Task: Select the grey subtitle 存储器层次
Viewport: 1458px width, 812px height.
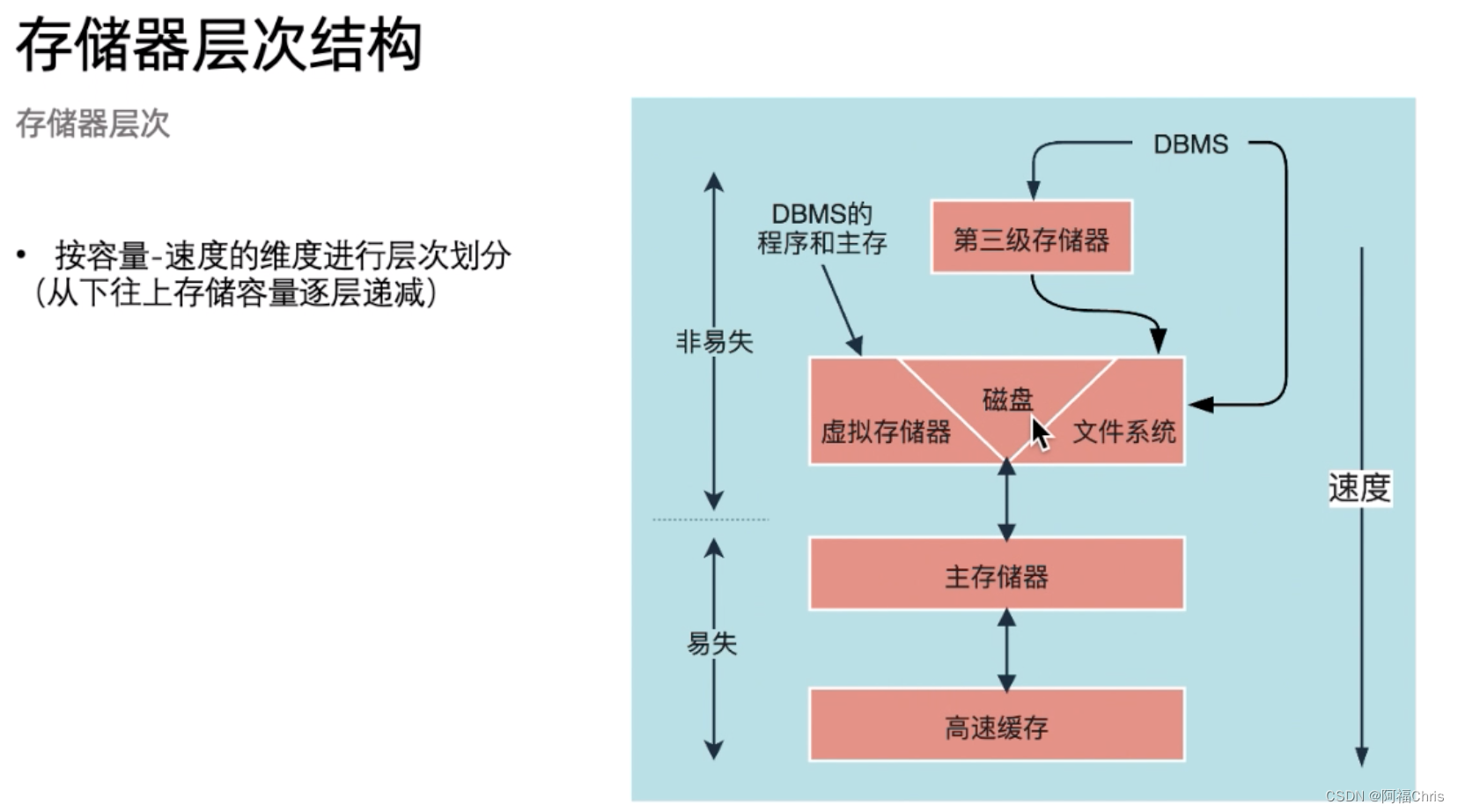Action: tap(92, 124)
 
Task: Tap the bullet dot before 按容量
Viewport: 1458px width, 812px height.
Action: tap(21, 255)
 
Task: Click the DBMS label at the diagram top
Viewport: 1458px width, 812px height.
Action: tap(1190, 144)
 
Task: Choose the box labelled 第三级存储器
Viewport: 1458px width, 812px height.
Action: tap(1031, 238)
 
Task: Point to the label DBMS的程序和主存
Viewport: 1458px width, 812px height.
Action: tap(821, 228)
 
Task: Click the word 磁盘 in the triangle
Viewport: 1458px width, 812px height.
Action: tap(1007, 400)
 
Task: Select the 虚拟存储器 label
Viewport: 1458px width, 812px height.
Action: tap(886, 432)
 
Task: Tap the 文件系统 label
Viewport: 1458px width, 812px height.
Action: tap(1124, 432)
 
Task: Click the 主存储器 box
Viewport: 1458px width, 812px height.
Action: tap(997, 575)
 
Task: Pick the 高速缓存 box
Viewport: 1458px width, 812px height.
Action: tap(997, 726)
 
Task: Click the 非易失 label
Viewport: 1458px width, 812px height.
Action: tap(714, 342)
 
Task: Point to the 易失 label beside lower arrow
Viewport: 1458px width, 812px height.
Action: tap(711, 644)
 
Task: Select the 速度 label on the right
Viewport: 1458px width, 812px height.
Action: tap(1359, 488)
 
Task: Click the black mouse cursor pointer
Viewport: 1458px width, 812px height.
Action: tap(1041, 433)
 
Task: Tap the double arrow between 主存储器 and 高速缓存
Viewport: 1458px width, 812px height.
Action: tap(1007, 650)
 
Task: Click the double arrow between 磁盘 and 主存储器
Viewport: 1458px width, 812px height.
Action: tap(1007, 500)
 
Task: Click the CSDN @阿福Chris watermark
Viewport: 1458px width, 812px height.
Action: tap(1384, 796)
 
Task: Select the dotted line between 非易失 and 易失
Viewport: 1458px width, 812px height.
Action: tap(711, 520)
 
